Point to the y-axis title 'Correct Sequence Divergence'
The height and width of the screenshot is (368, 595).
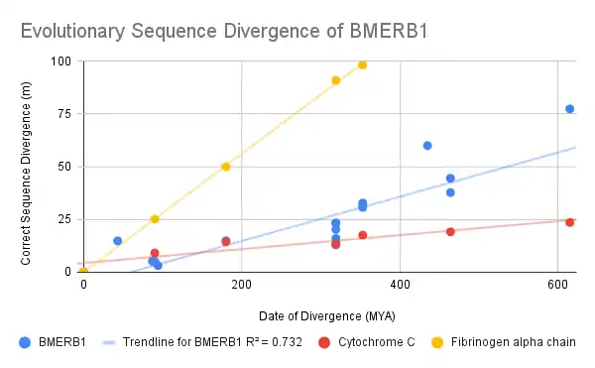pyautogui.click(x=27, y=165)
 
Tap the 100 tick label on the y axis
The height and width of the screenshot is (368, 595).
pyautogui.click(x=62, y=61)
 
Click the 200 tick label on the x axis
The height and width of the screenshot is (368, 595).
pyautogui.click(x=242, y=285)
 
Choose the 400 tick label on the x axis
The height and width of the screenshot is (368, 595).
pyautogui.click(x=400, y=285)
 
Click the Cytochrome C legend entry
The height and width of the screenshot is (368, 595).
pyautogui.click(x=387, y=342)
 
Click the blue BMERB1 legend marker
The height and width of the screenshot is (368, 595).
pyautogui.click(x=26, y=342)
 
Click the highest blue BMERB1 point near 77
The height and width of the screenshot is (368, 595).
pyautogui.click(x=570, y=109)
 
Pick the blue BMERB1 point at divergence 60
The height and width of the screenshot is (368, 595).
pyautogui.click(x=427, y=146)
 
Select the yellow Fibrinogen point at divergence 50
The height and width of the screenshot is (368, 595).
pyautogui.click(x=226, y=167)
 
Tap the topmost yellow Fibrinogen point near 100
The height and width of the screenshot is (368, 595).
pyautogui.click(x=363, y=65)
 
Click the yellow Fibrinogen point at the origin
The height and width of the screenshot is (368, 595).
pyautogui.click(x=83, y=271)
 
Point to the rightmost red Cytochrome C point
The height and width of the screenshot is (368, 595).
pyautogui.click(x=570, y=222)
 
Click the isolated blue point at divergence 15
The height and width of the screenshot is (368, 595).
pyautogui.click(x=118, y=241)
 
